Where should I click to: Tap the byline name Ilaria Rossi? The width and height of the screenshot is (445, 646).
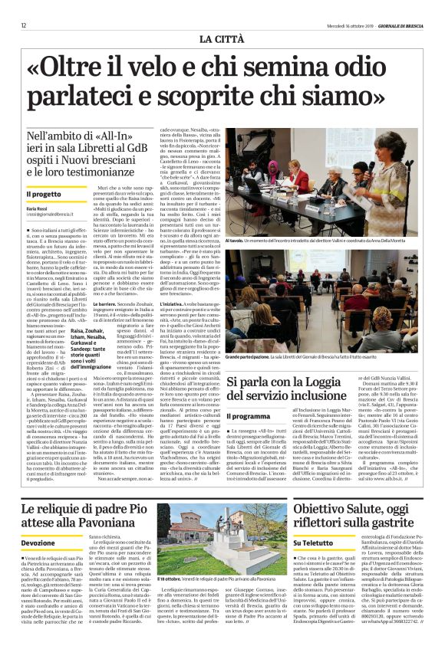click(36, 208)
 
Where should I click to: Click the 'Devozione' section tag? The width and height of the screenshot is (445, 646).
click(38, 542)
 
